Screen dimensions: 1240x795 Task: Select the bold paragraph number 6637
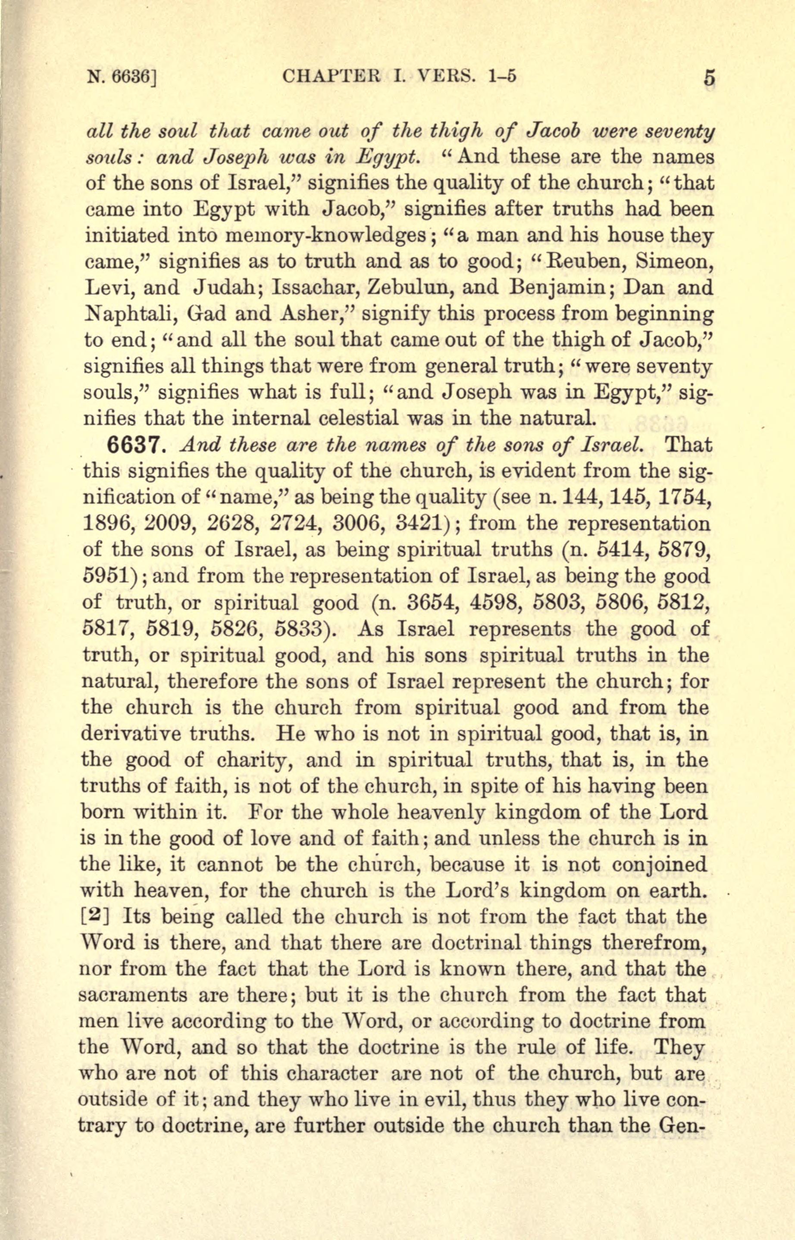(x=135, y=446)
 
